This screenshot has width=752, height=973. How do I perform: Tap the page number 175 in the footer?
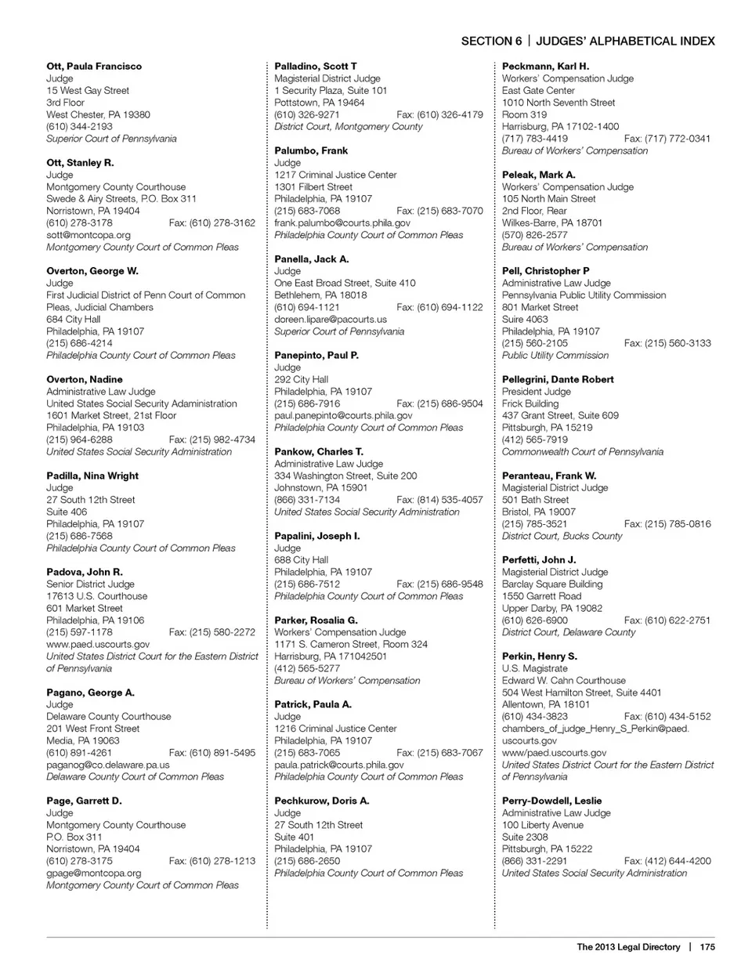707,946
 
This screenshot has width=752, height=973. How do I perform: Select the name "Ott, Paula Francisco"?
94,67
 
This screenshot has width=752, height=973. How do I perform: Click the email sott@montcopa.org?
89,235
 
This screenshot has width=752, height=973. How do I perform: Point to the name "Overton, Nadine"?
85,379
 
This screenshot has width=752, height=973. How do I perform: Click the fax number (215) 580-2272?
211,632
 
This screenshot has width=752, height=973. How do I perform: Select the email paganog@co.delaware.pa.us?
108,765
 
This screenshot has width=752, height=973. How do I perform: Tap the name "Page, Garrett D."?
84,801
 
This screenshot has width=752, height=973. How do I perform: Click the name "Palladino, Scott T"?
315,67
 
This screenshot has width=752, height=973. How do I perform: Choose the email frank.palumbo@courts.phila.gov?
342,223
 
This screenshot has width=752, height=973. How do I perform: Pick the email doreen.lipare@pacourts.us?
331,320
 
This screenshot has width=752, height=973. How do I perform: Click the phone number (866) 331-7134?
307,500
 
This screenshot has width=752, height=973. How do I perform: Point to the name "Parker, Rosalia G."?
316,620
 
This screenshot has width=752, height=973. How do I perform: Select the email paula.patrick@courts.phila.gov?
339,765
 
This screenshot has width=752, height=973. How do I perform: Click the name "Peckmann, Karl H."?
545,67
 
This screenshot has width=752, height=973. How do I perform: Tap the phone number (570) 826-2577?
535,235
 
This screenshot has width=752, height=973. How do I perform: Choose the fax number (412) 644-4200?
667,861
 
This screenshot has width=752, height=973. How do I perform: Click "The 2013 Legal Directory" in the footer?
628,946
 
